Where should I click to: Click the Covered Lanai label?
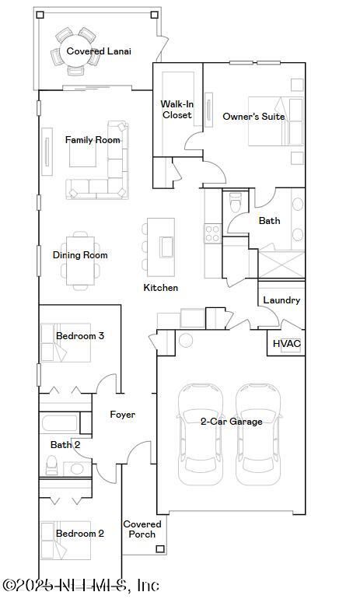[99, 51]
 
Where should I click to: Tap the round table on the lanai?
[75, 51]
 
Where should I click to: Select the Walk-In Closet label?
[177, 110]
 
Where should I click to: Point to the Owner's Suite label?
[253, 117]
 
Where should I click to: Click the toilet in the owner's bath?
[236, 202]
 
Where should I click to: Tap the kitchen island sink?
[167, 247]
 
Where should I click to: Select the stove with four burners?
[212, 234]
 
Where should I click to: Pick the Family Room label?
[93, 140]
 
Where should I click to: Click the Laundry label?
[281, 300]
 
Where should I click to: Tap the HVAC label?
[287, 344]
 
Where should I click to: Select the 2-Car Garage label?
[232, 422]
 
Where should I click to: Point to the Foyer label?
[123, 415]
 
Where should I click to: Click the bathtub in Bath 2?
[59, 423]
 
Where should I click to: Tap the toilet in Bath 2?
[51, 465]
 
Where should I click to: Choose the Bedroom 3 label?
[80, 336]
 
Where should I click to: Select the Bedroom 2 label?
[80, 534]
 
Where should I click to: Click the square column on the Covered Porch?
[160, 549]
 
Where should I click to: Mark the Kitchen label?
[161, 288]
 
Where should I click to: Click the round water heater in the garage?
[186, 340]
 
